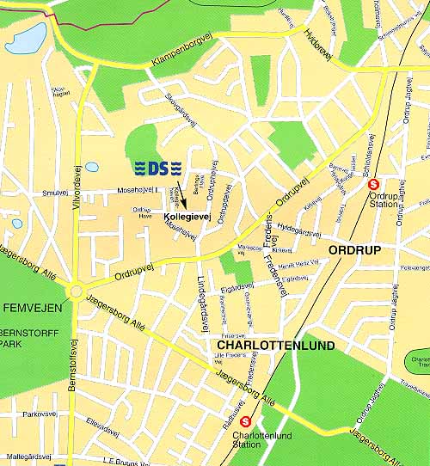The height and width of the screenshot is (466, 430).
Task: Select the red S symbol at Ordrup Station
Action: click(373, 183)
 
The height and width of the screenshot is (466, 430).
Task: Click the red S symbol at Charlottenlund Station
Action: click(246, 421)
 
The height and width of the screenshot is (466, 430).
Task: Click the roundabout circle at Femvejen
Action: click(76, 292)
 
